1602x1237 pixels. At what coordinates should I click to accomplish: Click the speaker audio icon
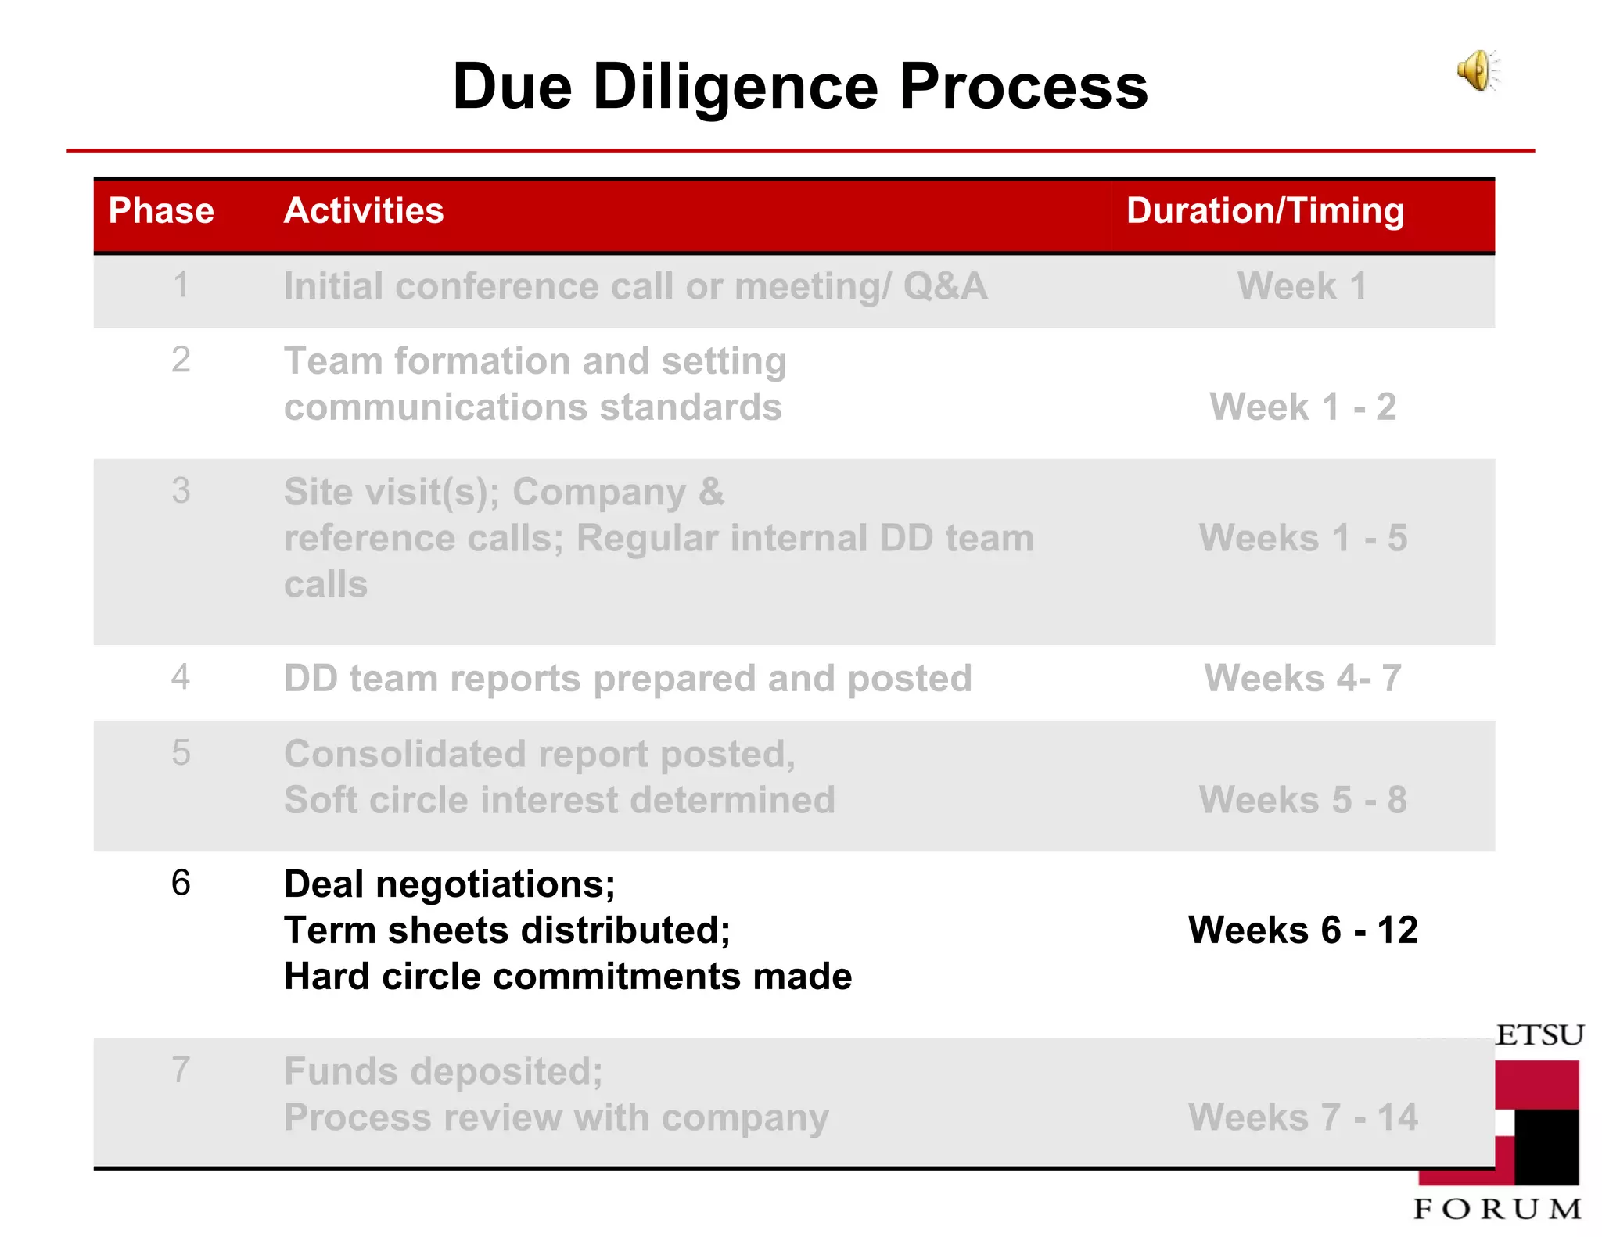tap(1478, 71)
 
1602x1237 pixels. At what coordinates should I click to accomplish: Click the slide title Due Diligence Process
tap(799, 86)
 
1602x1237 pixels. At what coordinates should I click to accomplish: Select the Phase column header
tap(161, 210)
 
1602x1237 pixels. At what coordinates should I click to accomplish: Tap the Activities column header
tap(364, 210)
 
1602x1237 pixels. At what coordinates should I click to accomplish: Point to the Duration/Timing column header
tap(1265, 210)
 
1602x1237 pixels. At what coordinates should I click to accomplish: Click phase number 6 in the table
tap(181, 883)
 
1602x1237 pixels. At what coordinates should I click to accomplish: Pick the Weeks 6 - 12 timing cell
tap(1302, 930)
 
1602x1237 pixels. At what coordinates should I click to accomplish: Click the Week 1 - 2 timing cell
tap(1302, 407)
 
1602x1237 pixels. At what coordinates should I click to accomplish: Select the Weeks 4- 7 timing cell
tap(1302, 678)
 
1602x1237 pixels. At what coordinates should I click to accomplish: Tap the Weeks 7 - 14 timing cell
tap(1302, 1117)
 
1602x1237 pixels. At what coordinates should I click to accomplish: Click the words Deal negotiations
tap(449, 884)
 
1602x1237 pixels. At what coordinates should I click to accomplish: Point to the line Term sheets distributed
tap(507, 930)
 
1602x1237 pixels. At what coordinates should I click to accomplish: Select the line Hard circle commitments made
tap(568, 977)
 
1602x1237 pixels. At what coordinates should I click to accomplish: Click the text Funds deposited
tap(443, 1071)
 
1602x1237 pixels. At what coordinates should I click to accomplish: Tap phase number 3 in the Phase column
tap(181, 491)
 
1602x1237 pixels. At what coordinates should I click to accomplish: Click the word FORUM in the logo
tap(1497, 1209)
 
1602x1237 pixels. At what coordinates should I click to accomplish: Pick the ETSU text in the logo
tap(1539, 1035)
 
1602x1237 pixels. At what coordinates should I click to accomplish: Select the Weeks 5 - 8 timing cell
tap(1302, 800)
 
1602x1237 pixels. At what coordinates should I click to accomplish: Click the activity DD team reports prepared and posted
tap(627, 678)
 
